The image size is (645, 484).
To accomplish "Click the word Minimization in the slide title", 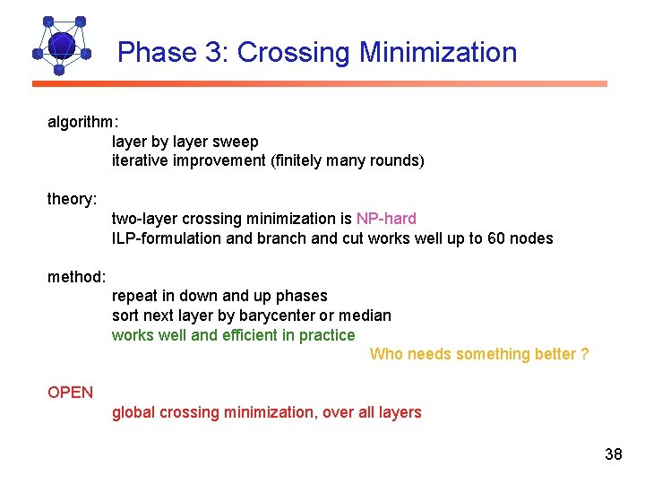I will pyautogui.click(x=438, y=52).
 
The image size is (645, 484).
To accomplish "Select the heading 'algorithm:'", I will pyautogui.click(x=82, y=122).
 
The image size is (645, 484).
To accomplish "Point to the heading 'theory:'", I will pyautogui.click(x=72, y=199).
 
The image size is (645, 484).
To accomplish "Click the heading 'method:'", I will pyautogui.click(x=76, y=276).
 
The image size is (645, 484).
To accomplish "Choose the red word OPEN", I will pyautogui.click(x=70, y=392).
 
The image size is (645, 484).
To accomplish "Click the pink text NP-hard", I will pyautogui.click(x=386, y=219).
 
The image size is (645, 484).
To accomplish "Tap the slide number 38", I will pyautogui.click(x=613, y=454).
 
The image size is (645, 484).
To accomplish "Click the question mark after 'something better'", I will pyautogui.click(x=584, y=354).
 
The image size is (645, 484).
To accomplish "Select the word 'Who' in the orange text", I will pyautogui.click(x=386, y=354).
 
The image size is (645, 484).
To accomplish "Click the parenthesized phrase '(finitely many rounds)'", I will pyautogui.click(x=348, y=161).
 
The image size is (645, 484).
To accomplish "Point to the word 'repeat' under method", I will pyautogui.click(x=135, y=296).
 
